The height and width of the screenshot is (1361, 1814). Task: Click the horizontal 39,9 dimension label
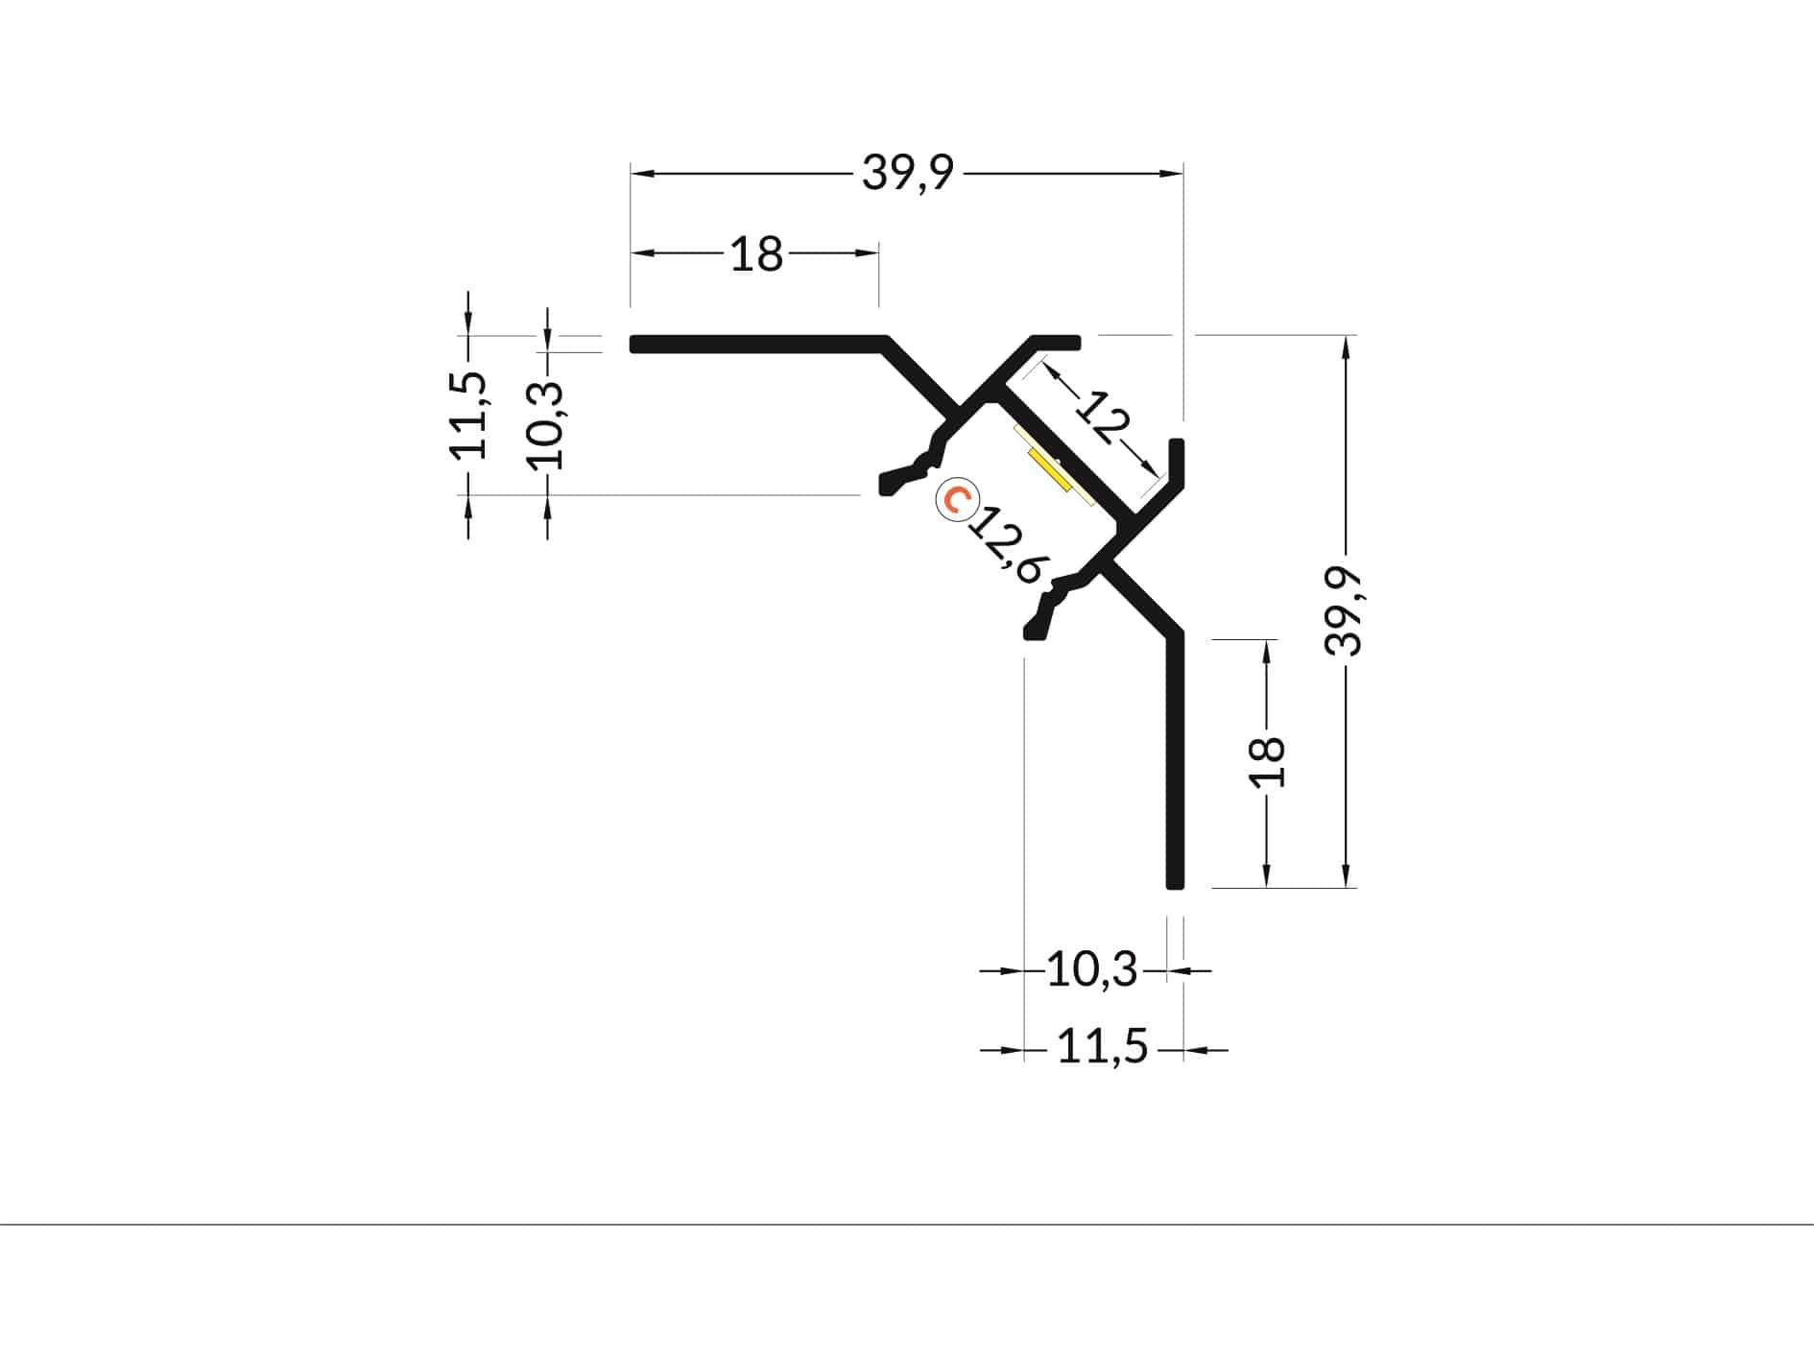click(x=908, y=174)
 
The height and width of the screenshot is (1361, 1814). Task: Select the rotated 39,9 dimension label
click(x=1344, y=610)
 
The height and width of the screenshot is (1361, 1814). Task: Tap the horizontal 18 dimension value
click(x=757, y=254)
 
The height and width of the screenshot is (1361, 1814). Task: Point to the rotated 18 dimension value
click(x=1268, y=762)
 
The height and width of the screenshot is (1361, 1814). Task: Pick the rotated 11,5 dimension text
click(x=469, y=415)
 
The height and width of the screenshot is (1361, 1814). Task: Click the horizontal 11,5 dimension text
click(x=1102, y=1047)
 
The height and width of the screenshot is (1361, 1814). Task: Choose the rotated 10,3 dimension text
click(x=548, y=423)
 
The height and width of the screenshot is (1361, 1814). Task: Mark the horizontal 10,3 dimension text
click(x=1091, y=970)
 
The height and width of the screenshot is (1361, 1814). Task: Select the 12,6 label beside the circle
click(x=1006, y=544)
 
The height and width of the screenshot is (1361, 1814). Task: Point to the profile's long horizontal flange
click(x=758, y=344)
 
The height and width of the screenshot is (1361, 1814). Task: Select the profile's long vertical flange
click(x=1175, y=758)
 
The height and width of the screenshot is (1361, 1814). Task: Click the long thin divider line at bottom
click(x=907, y=1225)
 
